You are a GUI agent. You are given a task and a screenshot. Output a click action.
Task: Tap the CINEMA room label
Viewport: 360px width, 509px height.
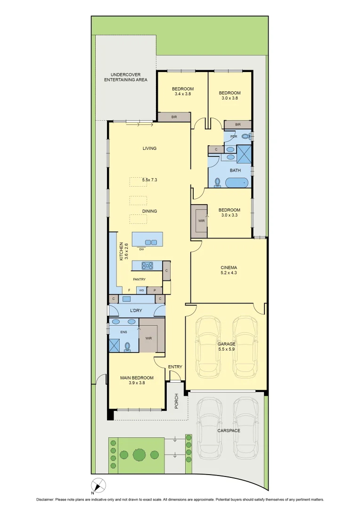(x=229, y=268)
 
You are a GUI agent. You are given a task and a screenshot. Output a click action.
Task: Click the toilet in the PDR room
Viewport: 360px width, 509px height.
(x=245, y=136)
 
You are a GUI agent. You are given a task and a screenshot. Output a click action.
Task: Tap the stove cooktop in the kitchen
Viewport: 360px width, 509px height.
(x=147, y=266)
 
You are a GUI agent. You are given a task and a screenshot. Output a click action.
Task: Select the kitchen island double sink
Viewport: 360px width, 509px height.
(x=151, y=242)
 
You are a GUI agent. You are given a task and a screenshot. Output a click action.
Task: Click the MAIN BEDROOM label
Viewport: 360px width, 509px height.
(x=137, y=378)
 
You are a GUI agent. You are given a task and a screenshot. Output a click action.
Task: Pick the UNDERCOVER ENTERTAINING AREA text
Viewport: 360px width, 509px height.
(x=126, y=77)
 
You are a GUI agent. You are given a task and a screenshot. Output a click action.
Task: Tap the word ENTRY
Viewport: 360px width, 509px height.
(x=175, y=367)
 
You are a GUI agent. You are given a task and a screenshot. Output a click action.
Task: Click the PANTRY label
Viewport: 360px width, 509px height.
(x=139, y=279)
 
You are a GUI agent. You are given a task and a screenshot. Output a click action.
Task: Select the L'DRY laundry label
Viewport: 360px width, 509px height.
(x=136, y=311)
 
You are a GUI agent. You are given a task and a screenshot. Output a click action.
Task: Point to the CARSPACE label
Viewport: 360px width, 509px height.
(x=229, y=431)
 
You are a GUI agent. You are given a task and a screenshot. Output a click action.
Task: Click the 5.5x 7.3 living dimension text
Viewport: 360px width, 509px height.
(x=149, y=180)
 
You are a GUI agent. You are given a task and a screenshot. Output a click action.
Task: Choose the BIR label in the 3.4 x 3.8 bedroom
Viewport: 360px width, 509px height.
(x=174, y=117)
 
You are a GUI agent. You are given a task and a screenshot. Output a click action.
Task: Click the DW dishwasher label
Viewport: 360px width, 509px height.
(x=141, y=249)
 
